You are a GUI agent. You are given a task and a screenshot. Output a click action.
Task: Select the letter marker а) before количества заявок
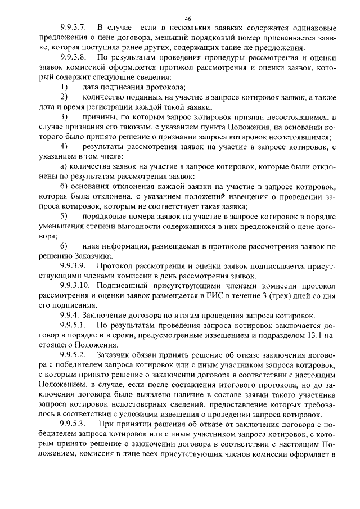pyautogui.click(x=64, y=166)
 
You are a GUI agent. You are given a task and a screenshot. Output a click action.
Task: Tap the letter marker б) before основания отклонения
pyautogui.click(x=64, y=186)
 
